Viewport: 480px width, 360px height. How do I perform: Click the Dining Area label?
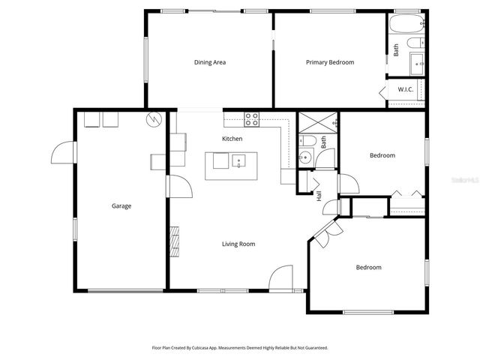point(210,62)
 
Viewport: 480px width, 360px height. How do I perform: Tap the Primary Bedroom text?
point(329,62)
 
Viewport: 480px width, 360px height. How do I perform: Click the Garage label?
point(121,205)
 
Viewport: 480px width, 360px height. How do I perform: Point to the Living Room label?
point(238,244)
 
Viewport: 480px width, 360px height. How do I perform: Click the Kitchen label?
point(232,139)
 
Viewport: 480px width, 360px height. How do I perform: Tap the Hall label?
point(319,196)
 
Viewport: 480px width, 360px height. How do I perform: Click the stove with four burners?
point(252,118)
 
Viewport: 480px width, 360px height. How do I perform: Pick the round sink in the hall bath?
point(304,157)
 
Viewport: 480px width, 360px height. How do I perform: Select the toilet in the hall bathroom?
point(306,139)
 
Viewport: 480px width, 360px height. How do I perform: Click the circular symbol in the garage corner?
point(154,118)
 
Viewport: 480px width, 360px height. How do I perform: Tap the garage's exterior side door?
point(64,151)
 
